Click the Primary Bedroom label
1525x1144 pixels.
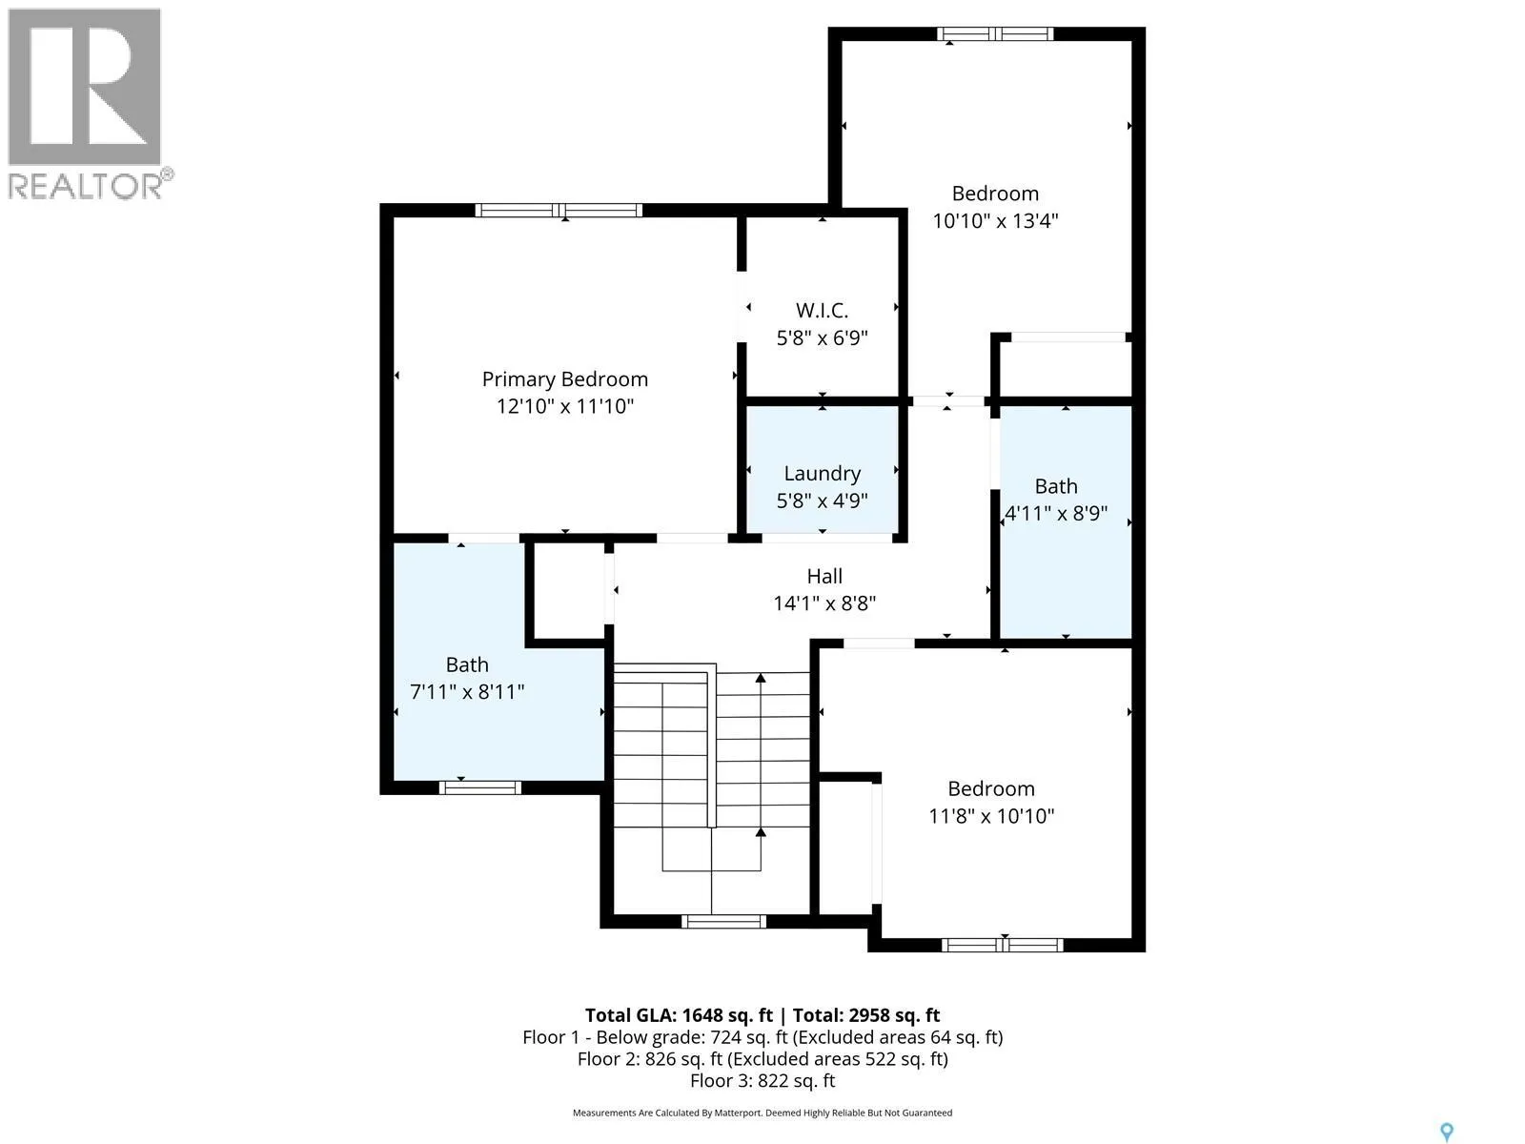point(565,379)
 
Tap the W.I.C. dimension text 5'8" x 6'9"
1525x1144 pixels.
point(822,338)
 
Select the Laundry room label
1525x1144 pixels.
point(822,474)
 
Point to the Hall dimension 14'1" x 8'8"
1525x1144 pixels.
point(824,603)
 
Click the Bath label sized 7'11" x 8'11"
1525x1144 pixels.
point(467,664)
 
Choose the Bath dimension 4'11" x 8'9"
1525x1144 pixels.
point(1056,513)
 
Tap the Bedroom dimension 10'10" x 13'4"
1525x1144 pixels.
point(995,221)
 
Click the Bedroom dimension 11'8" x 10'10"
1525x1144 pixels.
point(991,815)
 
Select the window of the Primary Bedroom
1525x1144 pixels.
point(559,211)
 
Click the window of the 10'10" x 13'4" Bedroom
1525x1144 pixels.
point(995,34)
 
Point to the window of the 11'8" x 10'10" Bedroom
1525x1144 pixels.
point(1002,945)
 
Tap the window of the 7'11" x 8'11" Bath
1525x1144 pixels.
point(480,787)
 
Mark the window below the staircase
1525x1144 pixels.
point(723,922)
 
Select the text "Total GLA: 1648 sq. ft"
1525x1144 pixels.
point(679,1015)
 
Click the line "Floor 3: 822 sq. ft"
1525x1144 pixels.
point(762,1081)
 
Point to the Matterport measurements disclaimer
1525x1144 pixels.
point(762,1113)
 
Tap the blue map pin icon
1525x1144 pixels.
point(1447,1133)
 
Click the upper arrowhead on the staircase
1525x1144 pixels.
point(761,677)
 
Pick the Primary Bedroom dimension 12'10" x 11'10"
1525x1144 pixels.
point(565,406)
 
